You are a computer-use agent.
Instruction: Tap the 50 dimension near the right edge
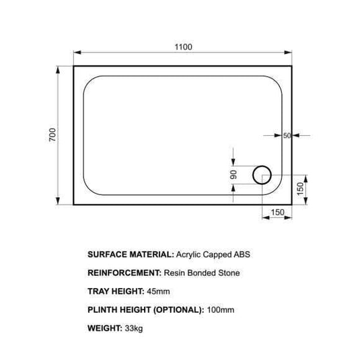tap(287, 136)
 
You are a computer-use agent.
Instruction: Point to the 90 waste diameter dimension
tap(233, 175)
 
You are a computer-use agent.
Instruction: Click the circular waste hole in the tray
tap(261, 176)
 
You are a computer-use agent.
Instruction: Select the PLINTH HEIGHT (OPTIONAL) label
tap(145, 310)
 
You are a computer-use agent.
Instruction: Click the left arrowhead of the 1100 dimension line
tap(75, 53)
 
